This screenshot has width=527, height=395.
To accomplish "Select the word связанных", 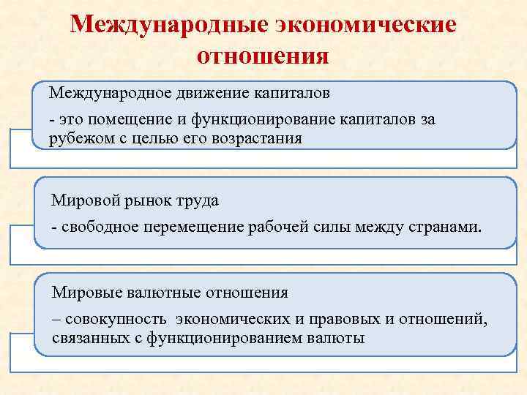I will [86, 339].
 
